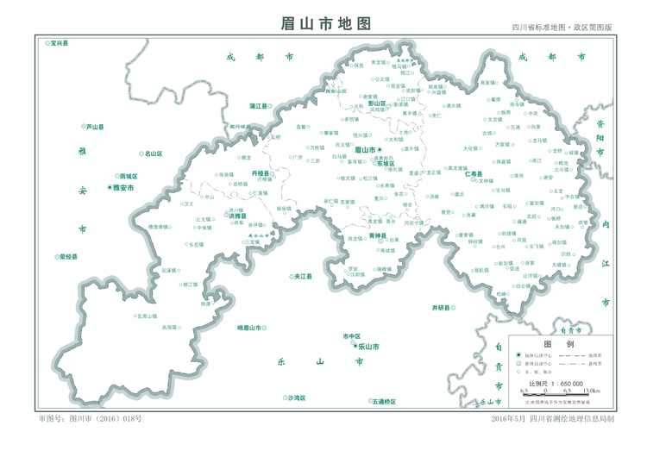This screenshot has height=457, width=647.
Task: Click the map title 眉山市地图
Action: [x=325, y=23]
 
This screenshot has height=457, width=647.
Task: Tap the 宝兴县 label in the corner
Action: [x=60, y=42]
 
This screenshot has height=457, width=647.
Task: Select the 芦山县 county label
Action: [x=95, y=127]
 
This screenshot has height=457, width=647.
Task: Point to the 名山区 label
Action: [x=154, y=153]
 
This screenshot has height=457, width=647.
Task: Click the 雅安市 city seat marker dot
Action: [x=110, y=187]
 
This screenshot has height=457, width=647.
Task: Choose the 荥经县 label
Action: [x=68, y=256]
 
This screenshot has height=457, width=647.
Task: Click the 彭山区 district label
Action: [x=376, y=103]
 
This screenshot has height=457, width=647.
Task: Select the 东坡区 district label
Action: [x=386, y=163]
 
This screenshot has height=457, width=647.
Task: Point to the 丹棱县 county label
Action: [x=261, y=173]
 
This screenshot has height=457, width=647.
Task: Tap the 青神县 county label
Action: [x=378, y=235]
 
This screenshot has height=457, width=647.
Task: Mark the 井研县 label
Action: [x=443, y=307]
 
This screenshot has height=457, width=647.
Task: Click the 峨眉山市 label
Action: [x=249, y=328]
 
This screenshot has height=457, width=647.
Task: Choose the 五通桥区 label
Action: [x=384, y=401]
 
